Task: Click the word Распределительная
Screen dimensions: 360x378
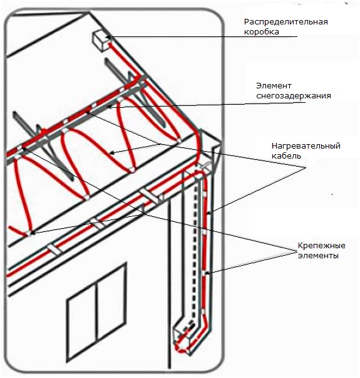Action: [286, 22]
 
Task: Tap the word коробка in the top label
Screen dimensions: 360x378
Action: [262, 32]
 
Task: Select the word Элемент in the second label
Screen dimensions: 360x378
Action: [274, 86]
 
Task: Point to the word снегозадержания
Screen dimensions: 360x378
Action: [293, 96]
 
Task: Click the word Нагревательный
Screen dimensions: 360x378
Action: [306, 146]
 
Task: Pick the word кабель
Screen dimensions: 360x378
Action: [286, 155]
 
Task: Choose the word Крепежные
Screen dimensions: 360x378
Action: [321, 246]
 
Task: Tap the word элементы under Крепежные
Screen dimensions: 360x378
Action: [318, 256]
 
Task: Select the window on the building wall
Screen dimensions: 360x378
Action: [97, 312]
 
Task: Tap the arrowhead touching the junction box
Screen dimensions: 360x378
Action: [109, 36]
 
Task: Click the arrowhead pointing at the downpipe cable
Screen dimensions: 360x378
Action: [210, 213]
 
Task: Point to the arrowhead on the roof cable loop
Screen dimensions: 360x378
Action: [111, 152]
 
